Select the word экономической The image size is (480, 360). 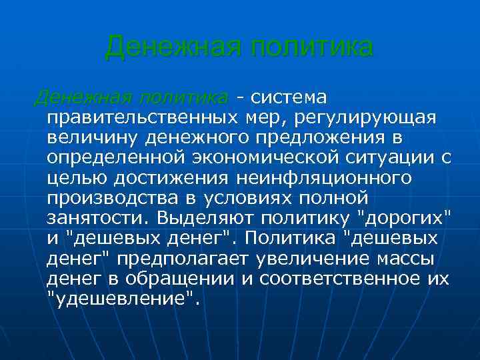pos(267,159)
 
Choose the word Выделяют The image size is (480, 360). pos(206,218)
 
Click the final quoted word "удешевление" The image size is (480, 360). pos(123,297)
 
